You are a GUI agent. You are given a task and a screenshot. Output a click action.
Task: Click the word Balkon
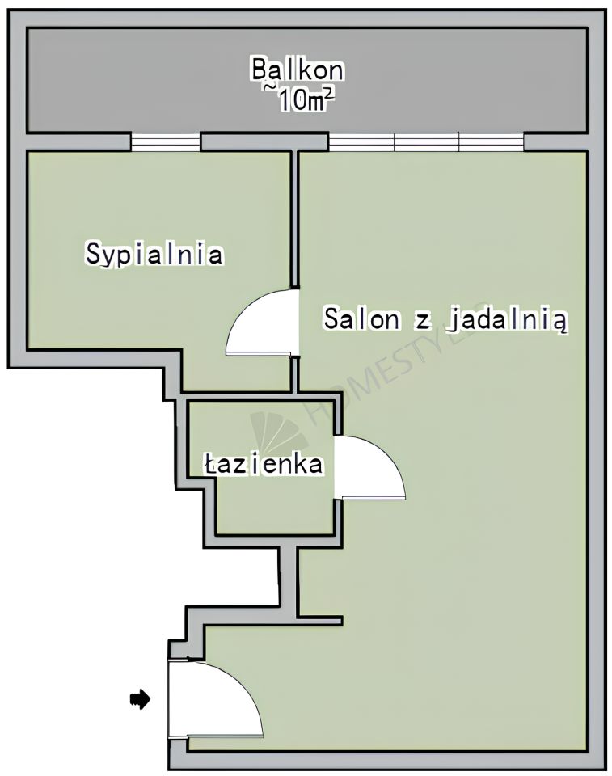(x=297, y=70)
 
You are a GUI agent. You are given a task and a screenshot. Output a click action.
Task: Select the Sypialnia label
(x=154, y=255)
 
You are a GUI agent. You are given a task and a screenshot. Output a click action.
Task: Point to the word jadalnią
(x=508, y=320)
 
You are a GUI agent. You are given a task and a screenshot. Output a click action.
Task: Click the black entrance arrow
(x=141, y=699)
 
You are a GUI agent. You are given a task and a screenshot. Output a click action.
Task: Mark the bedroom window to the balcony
(x=166, y=142)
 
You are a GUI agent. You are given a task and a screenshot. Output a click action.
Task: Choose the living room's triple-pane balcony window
(x=426, y=142)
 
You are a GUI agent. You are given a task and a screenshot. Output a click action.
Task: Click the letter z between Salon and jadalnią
(x=420, y=320)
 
